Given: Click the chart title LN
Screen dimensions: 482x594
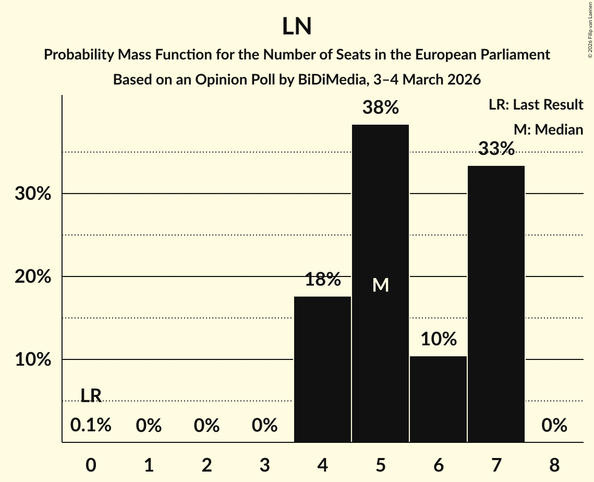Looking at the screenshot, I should tap(297, 27).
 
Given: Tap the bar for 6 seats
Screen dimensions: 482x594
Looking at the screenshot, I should tap(438, 399).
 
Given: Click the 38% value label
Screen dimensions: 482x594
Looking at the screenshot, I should tap(381, 108).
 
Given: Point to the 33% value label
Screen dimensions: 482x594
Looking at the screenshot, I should tap(496, 149).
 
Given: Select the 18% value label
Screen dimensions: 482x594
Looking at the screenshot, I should tap(323, 280).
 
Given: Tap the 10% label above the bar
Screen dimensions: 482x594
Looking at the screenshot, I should tap(439, 340).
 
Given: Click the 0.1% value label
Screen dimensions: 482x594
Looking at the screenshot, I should tap(91, 426).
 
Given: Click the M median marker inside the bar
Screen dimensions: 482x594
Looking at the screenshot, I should tap(381, 285).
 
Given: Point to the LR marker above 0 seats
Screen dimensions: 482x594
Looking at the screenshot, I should tap(91, 396).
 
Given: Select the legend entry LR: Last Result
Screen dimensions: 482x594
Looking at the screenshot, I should tap(536, 105).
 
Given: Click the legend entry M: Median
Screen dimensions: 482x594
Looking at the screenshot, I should tap(548, 129).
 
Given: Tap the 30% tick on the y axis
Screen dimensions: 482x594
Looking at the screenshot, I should tap(32, 194).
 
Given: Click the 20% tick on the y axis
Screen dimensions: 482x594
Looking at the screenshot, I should tap(32, 277).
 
